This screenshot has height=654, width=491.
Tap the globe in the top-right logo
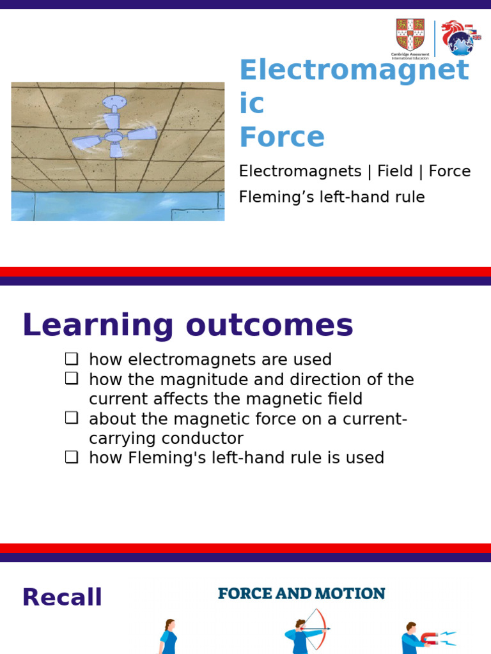tap(459, 43)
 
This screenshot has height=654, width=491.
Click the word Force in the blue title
tap(282, 137)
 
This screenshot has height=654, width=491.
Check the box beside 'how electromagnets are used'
tap(71, 359)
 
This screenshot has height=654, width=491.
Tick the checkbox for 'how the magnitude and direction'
tap(71, 379)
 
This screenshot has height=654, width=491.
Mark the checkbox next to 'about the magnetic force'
tap(71, 419)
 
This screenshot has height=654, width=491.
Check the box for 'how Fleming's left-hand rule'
tap(71, 457)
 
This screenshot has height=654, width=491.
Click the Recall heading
tap(62, 597)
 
